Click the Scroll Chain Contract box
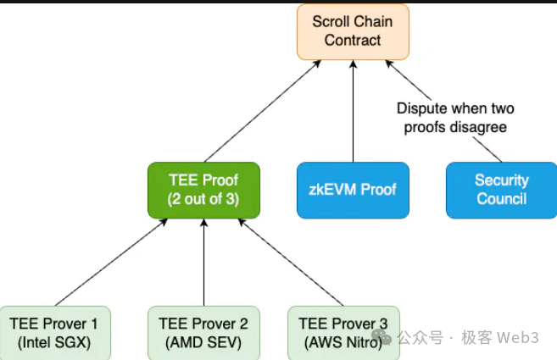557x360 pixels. click(x=353, y=31)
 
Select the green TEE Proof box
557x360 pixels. click(x=203, y=190)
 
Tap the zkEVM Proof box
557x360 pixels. click(x=353, y=190)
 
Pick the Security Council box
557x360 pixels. click(x=501, y=190)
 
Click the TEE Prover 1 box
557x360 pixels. click(x=54, y=333)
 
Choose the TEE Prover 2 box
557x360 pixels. click(x=203, y=333)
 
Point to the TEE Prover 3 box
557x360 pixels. click(x=343, y=333)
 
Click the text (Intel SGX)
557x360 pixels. click(x=54, y=343)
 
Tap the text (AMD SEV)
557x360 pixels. click(x=203, y=343)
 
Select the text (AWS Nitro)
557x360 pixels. click(x=343, y=343)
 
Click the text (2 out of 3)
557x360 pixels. click(x=203, y=199)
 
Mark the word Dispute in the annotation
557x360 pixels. click(x=421, y=108)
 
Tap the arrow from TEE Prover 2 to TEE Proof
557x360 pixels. click(x=203, y=263)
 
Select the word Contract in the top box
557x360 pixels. click(x=353, y=40)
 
